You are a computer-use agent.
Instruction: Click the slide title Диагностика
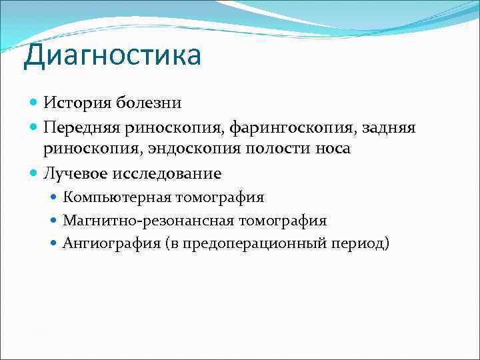[112, 55]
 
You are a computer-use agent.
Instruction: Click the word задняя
[387, 127]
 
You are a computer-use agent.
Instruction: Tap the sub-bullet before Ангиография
[54, 243]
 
